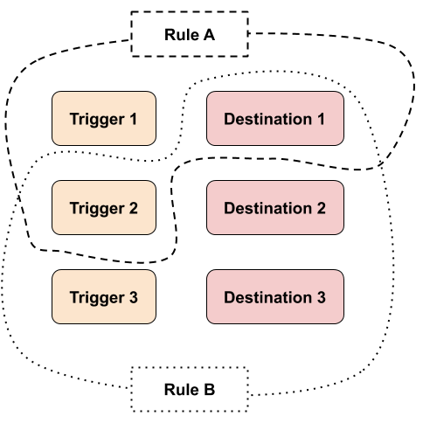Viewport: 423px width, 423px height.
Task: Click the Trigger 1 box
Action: (104, 119)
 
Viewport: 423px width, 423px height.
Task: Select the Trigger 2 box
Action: (104, 208)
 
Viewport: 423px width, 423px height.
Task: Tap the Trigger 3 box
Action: (104, 297)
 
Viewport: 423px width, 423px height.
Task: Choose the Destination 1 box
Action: (275, 119)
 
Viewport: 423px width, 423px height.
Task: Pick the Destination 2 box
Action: (275, 208)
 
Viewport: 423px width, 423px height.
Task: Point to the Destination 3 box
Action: (275, 297)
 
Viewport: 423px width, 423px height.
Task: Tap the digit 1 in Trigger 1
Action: (133, 119)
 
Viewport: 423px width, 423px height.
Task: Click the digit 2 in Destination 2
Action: (321, 208)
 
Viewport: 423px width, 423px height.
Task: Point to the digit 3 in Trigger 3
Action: (134, 297)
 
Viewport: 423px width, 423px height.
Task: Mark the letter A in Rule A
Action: (209, 35)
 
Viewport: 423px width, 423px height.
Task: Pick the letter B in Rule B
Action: (209, 390)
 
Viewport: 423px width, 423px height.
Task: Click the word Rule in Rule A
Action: (182, 35)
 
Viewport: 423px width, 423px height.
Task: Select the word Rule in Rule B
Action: (182, 390)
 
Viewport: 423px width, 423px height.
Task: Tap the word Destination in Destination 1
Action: (268, 119)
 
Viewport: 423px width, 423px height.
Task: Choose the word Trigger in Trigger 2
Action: (97, 209)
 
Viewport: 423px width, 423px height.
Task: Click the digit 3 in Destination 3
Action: (321, 297)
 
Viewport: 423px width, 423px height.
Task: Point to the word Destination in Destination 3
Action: (268, 297)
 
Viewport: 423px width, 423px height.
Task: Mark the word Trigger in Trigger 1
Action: (97, 120)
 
